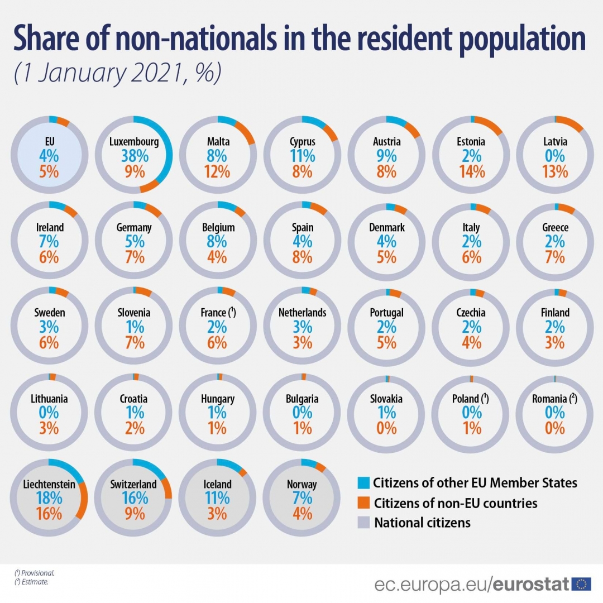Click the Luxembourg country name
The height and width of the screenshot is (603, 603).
click(134, 142)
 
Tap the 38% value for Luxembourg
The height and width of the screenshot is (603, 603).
click(134, 156)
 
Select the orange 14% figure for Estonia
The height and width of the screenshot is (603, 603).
click(472, 171)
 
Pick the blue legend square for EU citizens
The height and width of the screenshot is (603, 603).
click(363, 483)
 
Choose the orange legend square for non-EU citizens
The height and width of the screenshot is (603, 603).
click(363, 503)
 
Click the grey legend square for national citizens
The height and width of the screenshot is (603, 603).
click(363, 523)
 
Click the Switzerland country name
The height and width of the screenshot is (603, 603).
click(134, 484)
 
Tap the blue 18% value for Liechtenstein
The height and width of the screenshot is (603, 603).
click(49, 498)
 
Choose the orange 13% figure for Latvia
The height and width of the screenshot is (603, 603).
click(555, 171)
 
